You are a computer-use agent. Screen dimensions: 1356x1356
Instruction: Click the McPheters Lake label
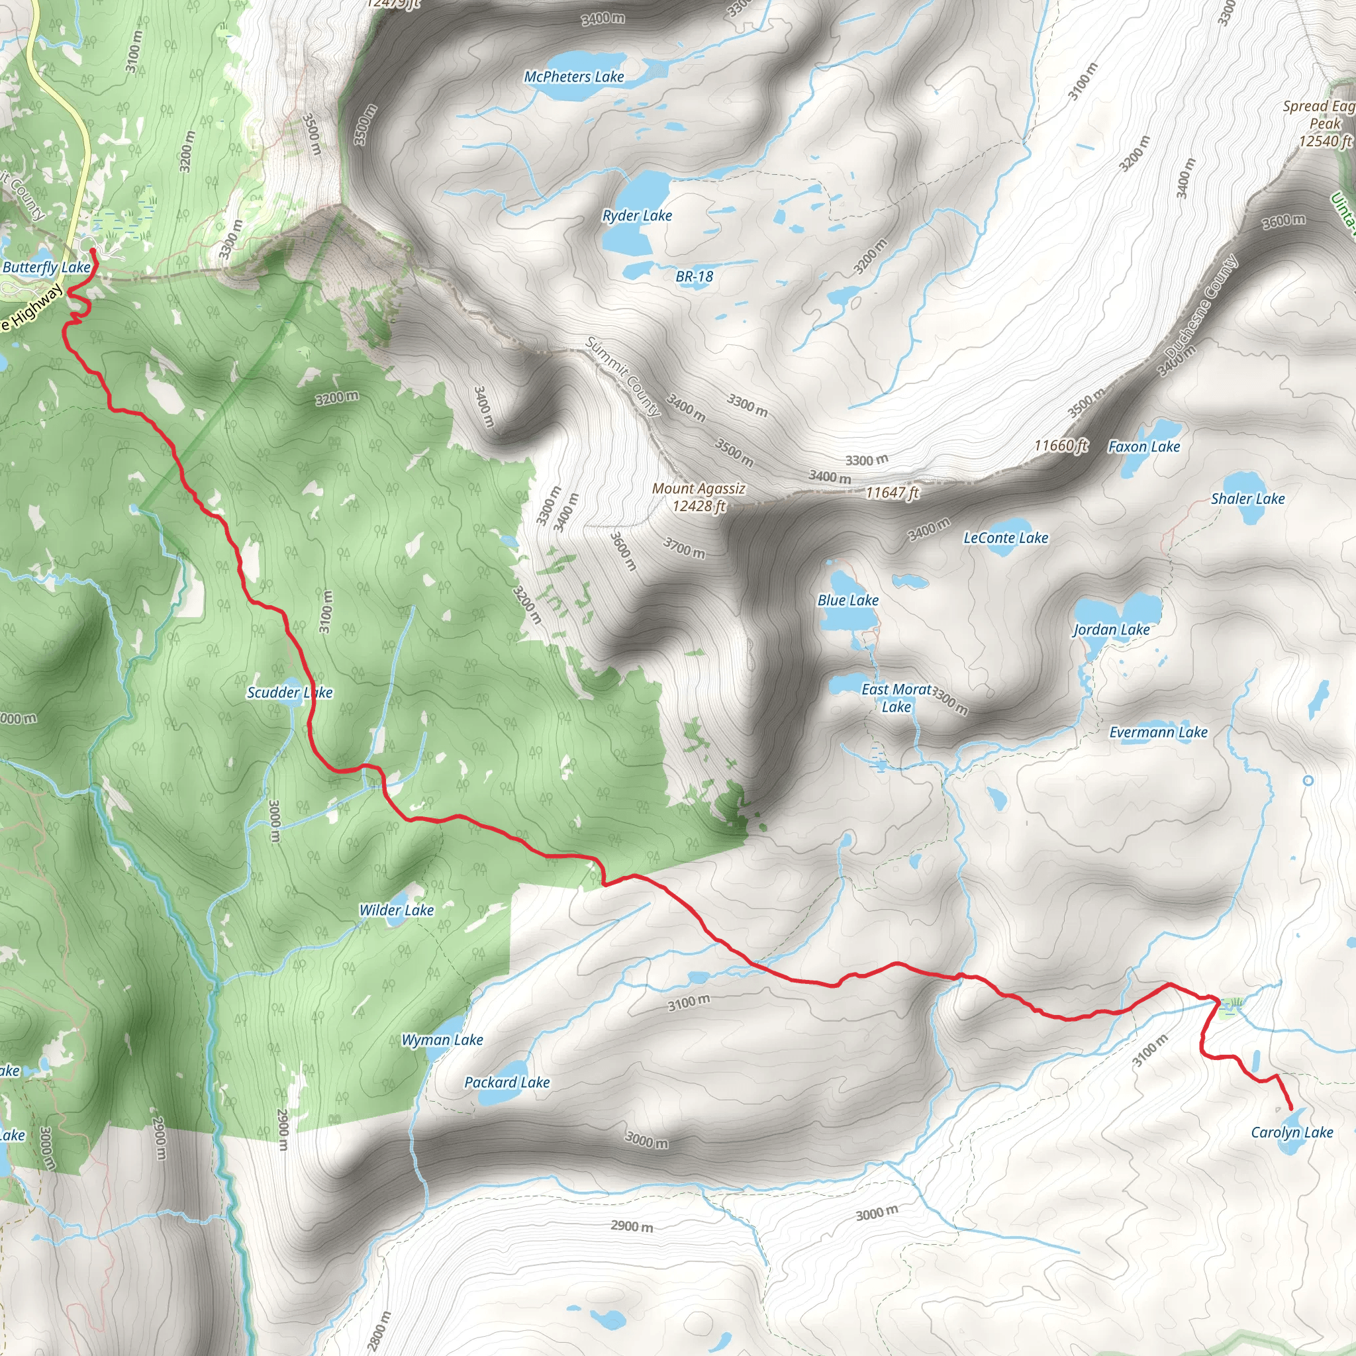tap(573, 77)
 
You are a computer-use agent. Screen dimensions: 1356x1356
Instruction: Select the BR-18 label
tap(694, 277)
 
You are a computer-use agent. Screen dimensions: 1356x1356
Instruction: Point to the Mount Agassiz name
tap(699, 489)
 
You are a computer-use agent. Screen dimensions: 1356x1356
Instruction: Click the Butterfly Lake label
tap(46, 267)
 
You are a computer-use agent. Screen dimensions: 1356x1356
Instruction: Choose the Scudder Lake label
tap(289, 693)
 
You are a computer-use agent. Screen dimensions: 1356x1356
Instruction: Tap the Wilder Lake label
tap(397, 910)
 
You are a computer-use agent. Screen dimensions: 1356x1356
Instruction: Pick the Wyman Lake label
tap(442, 1040)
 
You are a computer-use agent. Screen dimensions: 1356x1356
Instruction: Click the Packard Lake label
tap(507, 1083)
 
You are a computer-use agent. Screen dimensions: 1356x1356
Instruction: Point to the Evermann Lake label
tap(1158, 732)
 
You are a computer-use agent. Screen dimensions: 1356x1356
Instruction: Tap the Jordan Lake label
tap(1111, 630)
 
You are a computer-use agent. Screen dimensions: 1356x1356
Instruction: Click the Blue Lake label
tap(848, 600)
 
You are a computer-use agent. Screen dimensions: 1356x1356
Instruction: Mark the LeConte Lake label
tap(1005, 538)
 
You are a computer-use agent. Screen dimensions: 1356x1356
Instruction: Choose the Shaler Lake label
tap(1247, 499)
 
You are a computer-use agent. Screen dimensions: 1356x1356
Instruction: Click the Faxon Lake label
tap(1143, 446)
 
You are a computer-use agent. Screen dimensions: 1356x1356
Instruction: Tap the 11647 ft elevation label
tap(891, 493)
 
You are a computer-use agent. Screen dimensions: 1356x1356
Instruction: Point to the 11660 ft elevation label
tap(1061, 445)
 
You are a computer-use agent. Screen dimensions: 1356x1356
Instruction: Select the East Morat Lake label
tap(896, 699)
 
